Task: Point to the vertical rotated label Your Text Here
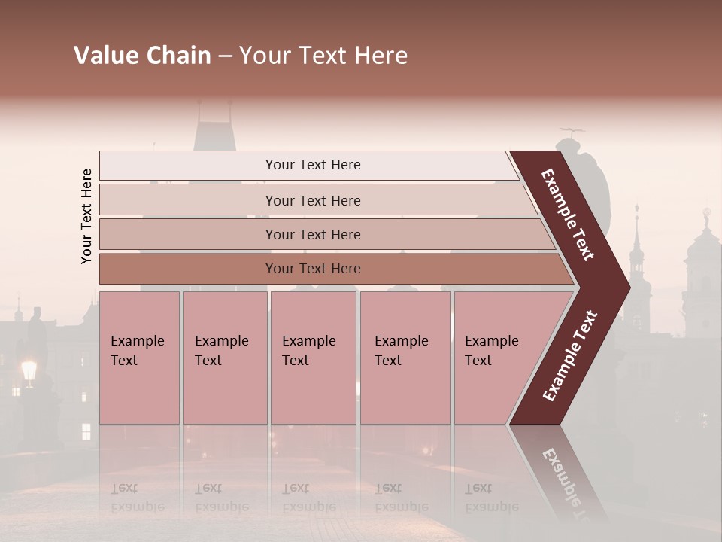coord(86,216)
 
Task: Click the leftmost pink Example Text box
coord(139,358)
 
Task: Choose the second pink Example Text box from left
coord(224,358)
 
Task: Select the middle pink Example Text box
coord(313,358)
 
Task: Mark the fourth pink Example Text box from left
coord(405,358)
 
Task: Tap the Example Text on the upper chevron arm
coord(568,215)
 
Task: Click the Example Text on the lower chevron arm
coord(569,355)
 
